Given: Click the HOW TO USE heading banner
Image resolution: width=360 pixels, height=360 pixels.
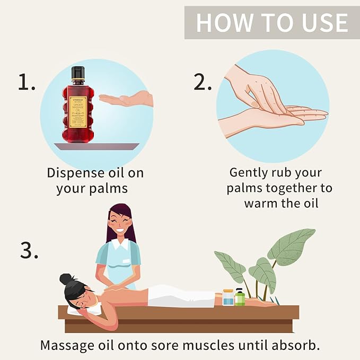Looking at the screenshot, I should tap(271, 23).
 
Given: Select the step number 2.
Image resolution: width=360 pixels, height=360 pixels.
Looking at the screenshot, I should tap(202, 82).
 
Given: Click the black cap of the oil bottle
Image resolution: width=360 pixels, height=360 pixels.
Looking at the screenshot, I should tap(78, 73).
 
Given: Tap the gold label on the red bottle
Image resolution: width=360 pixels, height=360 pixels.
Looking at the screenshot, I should tap(78, 108).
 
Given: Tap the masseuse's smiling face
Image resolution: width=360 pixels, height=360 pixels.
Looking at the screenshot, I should tap(119, 223).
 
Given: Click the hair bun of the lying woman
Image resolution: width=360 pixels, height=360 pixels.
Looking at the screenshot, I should tap(66, 279).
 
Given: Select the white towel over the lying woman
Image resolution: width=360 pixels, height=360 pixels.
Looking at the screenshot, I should tap(180, 296).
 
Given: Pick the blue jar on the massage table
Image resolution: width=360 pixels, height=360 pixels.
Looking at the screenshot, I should tap(228, 297).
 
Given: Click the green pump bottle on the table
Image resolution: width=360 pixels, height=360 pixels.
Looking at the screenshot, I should tap(240, 297).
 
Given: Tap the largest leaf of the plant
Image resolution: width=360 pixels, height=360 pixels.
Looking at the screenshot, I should tap(292, 245).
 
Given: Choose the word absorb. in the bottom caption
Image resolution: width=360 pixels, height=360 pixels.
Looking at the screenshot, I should tap(294, 345).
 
